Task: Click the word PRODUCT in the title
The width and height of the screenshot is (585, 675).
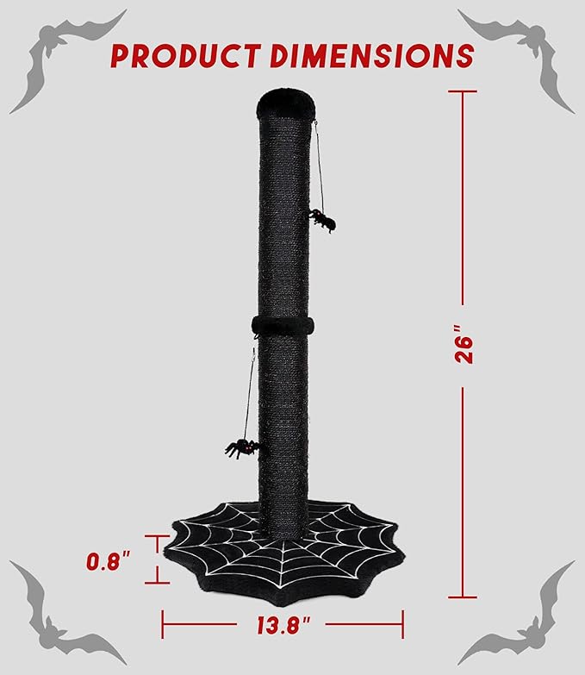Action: (x=183, y=55)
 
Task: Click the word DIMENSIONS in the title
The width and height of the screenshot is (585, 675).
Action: (x=370, y=55)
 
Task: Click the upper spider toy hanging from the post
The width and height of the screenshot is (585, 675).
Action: (x=322, y=219)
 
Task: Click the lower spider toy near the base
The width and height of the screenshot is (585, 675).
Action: (x=241, y=447)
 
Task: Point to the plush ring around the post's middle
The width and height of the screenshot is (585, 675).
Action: (x=283, y=326)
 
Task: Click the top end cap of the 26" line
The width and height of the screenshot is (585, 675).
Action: (x=464, y=91)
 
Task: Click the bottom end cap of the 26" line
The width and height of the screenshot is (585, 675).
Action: (x=464, y=597)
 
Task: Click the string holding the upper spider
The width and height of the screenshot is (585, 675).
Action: (x=321, y=168)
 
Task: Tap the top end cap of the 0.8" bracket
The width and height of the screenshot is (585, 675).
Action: (x=157, y=535)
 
